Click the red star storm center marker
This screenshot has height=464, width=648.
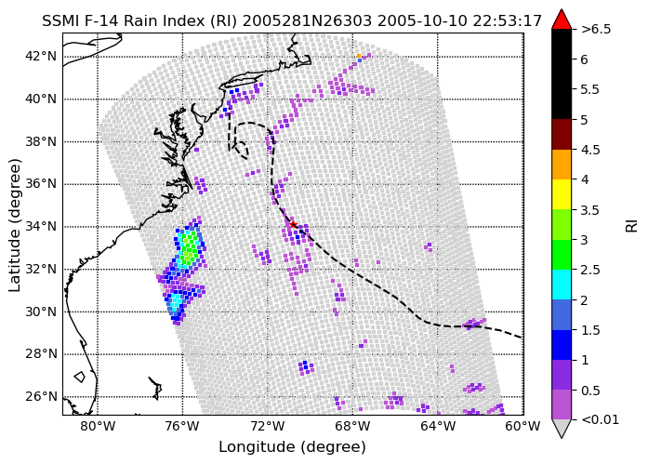tap(293, 225)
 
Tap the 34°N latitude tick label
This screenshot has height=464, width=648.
tap(41, 227)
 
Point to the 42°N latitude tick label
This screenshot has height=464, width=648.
tap(41, 56)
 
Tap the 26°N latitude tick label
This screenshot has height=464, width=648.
tap(41, 397)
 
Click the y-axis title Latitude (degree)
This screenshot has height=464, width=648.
tap(15, 225)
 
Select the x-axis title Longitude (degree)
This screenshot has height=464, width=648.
tap(292, 447)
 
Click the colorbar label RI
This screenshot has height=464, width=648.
tap(632, 226)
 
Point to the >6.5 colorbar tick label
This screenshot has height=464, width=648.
tap(596, 30)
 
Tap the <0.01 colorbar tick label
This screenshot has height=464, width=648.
tap(600, 419)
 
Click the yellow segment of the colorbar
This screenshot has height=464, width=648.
tap(562, 194)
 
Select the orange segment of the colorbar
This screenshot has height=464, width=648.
tap(562, 165)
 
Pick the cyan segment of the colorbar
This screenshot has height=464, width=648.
tap(562, 285)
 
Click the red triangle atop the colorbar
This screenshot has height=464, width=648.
tap(562, 20)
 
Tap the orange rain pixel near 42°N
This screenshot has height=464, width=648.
tap(359, 56)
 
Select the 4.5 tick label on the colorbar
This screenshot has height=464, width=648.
tap(590, 150)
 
